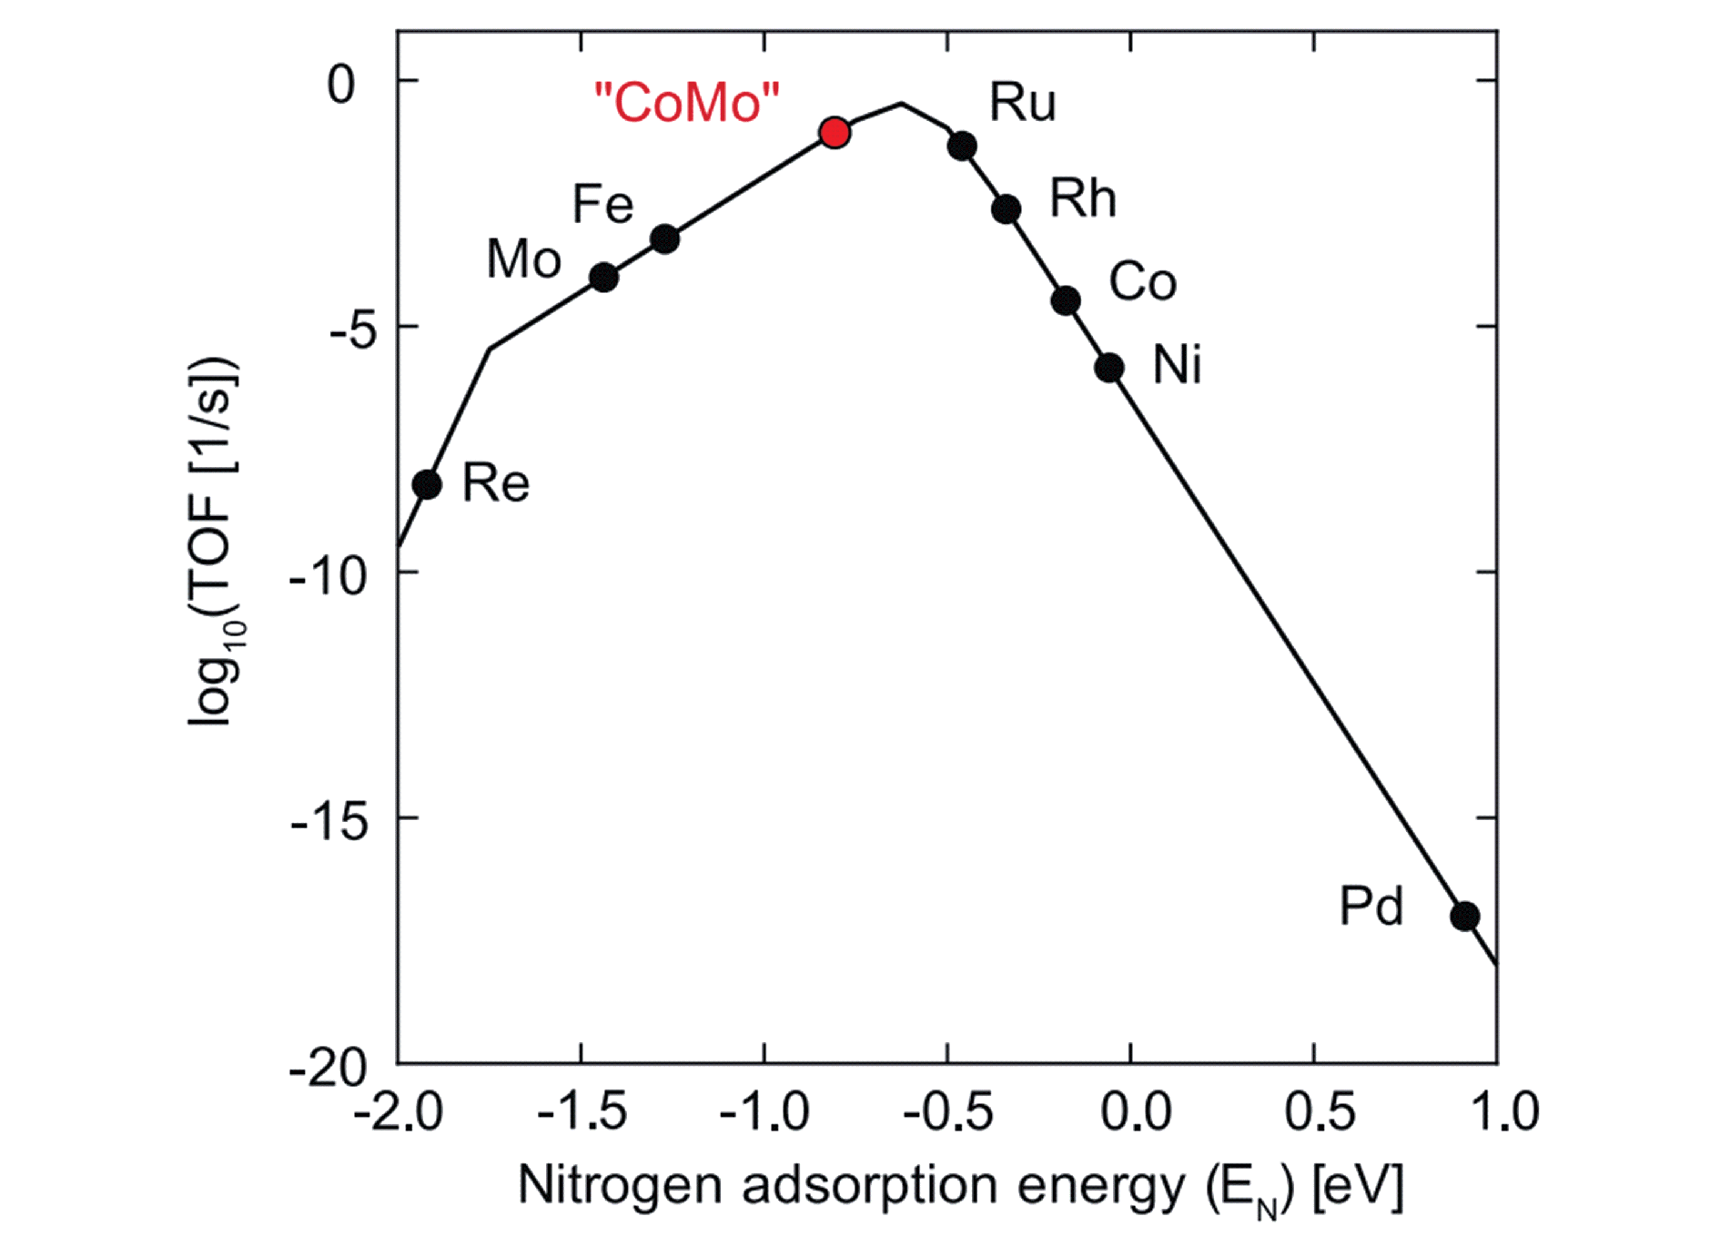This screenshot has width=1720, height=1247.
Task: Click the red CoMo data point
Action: (x=835, y=133)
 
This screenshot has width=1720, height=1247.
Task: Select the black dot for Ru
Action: (x=962, y=146)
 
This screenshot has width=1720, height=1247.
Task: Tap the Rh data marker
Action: (x=1006, y=209)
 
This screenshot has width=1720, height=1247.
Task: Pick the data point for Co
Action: (x=1066, y=300)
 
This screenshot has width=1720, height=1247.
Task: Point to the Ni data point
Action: (x=1108, y=368)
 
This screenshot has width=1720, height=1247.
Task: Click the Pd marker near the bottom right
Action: (x=1464, y=916)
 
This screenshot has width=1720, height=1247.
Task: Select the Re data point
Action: (x=427, y=484)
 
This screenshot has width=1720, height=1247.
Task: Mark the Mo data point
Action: (x=603, y=278)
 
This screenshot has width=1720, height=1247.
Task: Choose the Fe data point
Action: (x=665, y=239)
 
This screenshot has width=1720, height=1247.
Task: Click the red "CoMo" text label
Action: (x=687, y=102)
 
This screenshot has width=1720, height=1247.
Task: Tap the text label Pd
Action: (x=1371, y=907)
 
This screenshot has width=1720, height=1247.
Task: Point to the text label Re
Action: (x=496, y=482)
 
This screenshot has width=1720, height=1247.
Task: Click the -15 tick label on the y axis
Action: (x=329, y=822)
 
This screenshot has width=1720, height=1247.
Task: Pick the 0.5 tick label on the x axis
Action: (x=1320, y=1111)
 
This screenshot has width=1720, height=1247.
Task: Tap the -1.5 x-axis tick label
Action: (x=582, y=1111)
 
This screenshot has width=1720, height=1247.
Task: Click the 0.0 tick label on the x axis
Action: (x=1136, y=1111)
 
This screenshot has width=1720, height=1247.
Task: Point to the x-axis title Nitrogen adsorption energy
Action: (x=960, y=1187)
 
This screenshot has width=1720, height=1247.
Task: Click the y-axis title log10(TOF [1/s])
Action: (x=215, y=542)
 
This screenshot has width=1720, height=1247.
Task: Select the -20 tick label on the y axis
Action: (x=329, y=1067)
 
